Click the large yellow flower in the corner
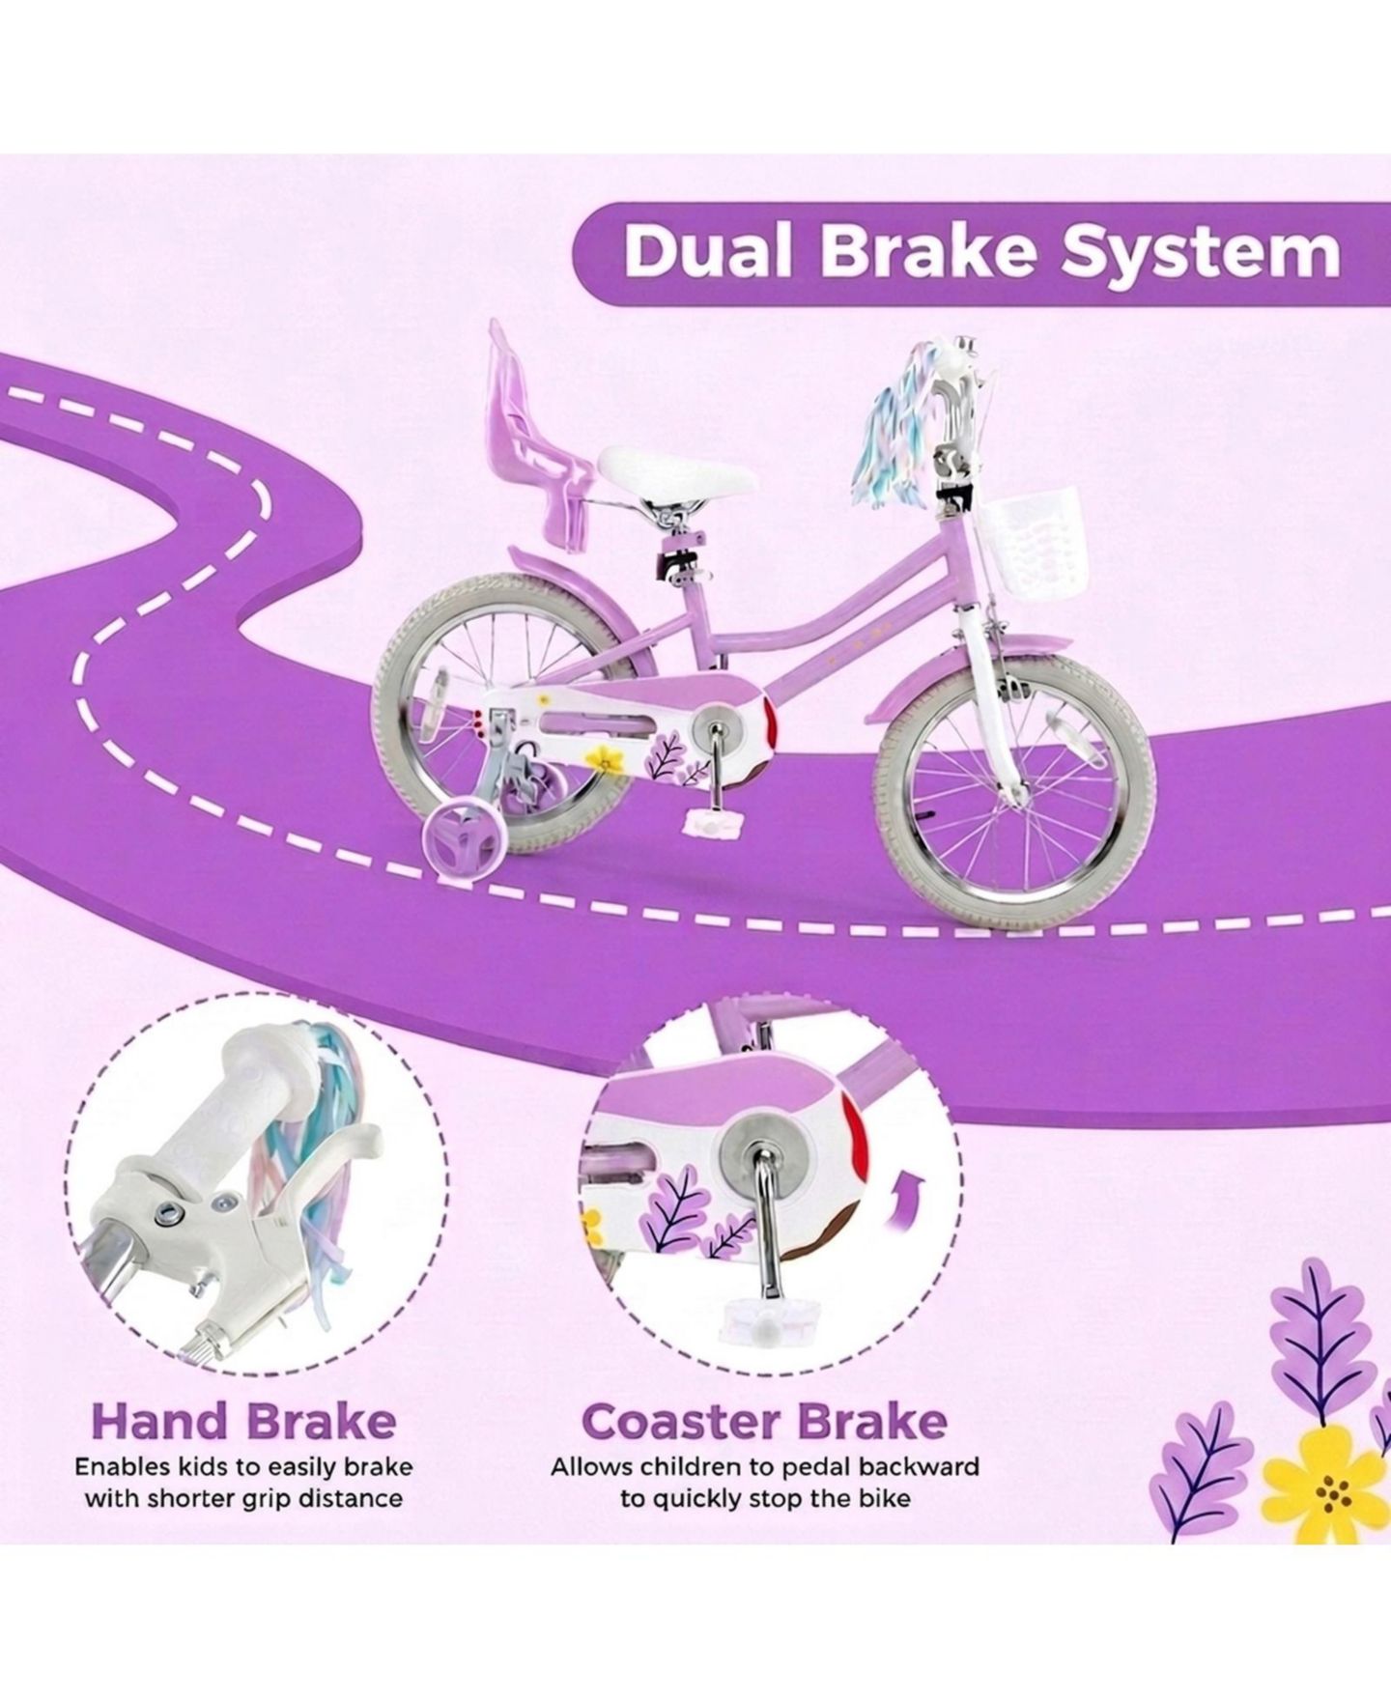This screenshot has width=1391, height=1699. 1332,1493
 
